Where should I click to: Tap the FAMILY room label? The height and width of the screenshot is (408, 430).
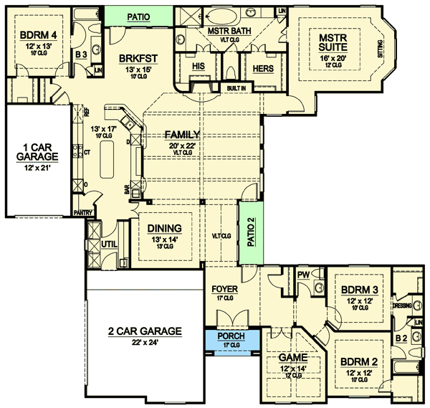181,134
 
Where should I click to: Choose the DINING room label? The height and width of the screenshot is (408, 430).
165,229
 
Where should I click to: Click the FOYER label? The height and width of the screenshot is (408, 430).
224,291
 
